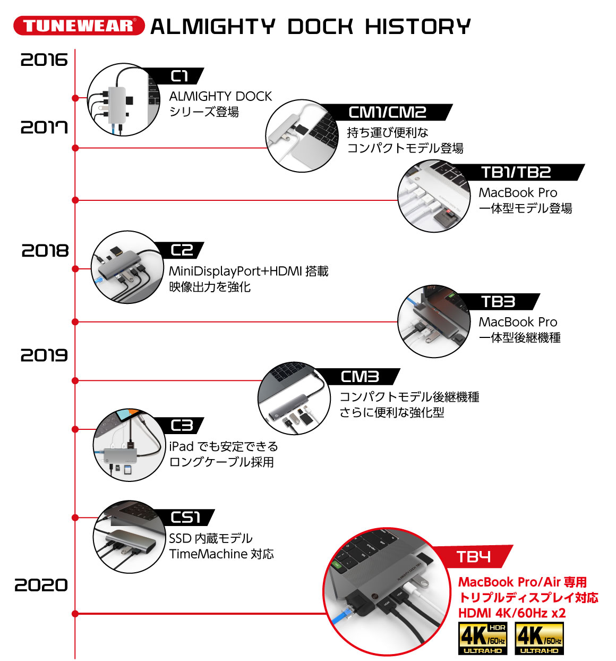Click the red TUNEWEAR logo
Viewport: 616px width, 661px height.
79,26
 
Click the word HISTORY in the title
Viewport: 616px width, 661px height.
417,27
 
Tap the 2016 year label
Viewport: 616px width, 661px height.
44,60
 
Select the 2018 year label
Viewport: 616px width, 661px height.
45,251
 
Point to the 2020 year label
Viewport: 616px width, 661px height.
41,585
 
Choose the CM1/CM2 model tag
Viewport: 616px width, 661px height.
387,112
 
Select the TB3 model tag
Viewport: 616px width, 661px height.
498,302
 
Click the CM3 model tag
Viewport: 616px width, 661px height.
360,376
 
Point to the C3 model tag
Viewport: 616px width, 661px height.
182,426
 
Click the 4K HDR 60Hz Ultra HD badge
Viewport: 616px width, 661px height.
483,638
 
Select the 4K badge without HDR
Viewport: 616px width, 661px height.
539,638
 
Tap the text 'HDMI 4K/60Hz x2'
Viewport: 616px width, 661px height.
512,613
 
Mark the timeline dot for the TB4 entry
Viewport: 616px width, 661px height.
75,613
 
